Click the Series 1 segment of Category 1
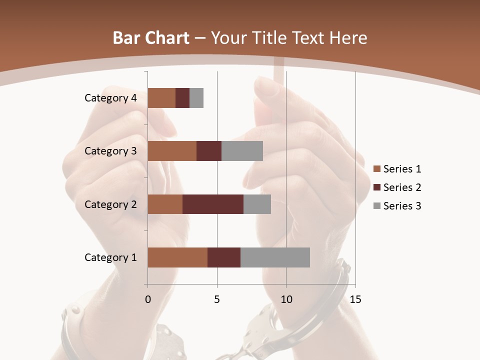pos(177,257)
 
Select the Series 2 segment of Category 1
pos(224,257)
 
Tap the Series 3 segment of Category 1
pos(275,257)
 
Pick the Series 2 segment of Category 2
pos(213,204)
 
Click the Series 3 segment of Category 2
pos(257,204)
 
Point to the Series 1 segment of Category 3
pos(172,151)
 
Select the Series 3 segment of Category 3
pos(242,151)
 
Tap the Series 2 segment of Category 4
pos(182,98)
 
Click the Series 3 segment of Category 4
pos(196,98)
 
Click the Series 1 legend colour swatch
pos(377,169)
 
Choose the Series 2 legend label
pos(402,187)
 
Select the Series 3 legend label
pos(402,206)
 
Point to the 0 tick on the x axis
pos(148,299)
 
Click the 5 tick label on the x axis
pos(217,299)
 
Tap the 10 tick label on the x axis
pos(286,299)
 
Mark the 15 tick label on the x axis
pos(355,299)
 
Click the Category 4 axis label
pos(110,98)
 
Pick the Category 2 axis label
pos(110,204)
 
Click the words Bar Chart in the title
pos(151,38)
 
